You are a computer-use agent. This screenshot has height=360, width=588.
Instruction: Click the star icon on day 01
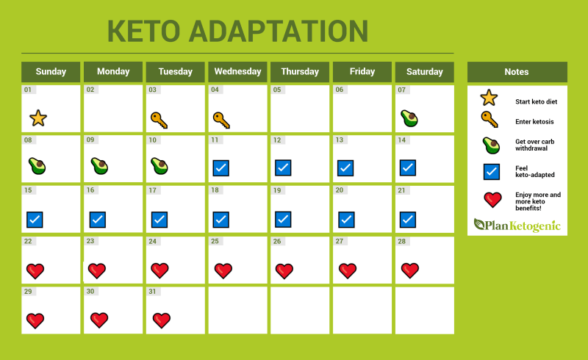tap(38, 118)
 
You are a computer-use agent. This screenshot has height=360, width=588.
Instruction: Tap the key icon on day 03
tap(159, 120)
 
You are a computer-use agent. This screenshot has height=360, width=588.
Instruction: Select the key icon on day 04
tap(221, 120)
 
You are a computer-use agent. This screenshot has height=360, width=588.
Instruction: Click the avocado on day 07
tap(409, 118)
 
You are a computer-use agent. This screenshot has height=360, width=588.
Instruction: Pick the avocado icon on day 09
tap(99, 166)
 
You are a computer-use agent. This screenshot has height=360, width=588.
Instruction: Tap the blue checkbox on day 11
tap(221, 168)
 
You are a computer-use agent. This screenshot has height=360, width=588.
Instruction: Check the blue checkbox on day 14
tap(408, 168)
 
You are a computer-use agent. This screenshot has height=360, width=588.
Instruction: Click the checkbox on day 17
tap(159, 220)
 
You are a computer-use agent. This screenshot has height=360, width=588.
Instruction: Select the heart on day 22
tap(35, 271)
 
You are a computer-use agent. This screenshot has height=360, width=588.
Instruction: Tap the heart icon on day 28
tap(410, 270)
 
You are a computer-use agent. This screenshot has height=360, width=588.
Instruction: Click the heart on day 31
tap(162, 320)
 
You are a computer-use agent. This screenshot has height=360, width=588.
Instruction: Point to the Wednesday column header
tap(237, 71)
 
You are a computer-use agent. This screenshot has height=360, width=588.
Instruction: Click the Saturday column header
tap(425, 71)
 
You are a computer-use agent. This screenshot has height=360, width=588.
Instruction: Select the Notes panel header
tap(517, 71)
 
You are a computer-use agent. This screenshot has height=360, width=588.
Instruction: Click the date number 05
tap(277, 90)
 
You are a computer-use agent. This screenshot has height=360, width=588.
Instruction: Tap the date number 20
tap(340, 190)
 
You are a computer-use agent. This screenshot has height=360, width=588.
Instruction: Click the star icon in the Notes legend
tap(489, 98)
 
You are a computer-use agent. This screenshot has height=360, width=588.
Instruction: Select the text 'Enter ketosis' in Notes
tap(534, 121)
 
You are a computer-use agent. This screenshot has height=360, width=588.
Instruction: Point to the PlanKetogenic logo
tap(517, 225)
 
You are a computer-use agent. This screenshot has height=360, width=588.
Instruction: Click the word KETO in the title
tap(143, 31)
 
